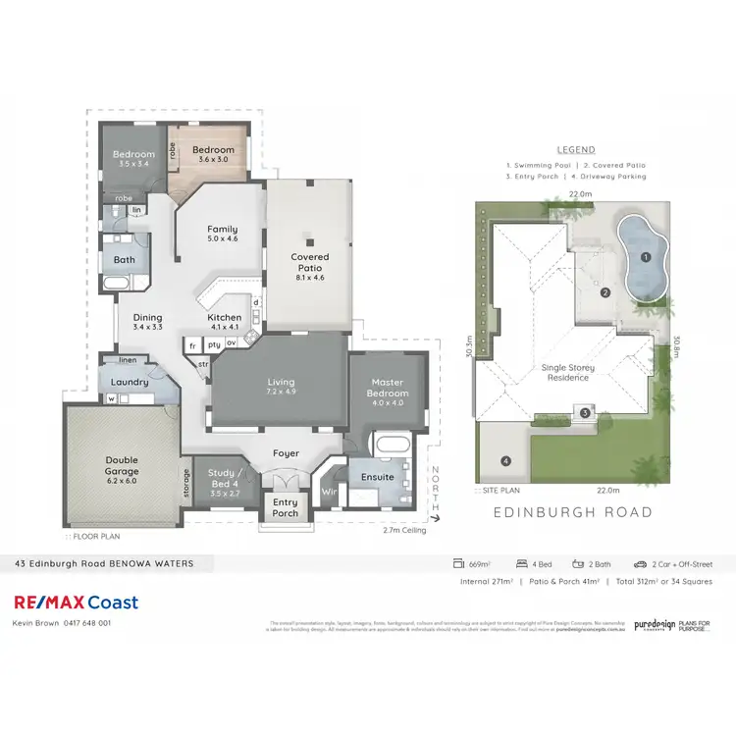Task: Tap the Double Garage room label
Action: [x=122, y=464]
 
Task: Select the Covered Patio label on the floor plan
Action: [x=309, y=262]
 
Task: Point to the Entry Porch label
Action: [x=285, y=507]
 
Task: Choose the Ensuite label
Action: [x=377, y=477]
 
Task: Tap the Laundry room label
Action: [x=129, y=382]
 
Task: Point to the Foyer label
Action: [x=286, y=453]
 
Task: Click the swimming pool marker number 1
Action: [x=645, y=257]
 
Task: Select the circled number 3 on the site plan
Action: [x=585, y=413]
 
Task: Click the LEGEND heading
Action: [x=576, y=150]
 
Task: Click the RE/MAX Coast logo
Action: [x=76, y=603]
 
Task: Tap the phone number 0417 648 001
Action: [x=87, y=622]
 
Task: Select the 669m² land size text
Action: [x=479, y=564]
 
